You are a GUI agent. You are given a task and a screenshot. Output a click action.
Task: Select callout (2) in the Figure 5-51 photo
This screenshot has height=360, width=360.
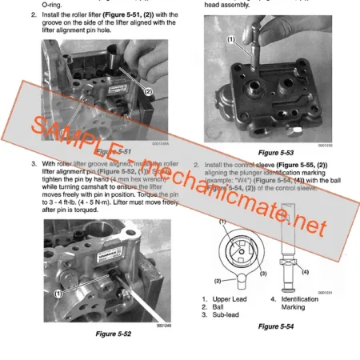coord(148,91)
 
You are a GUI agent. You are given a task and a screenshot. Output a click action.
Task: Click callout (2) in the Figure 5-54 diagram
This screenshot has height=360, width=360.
coord(217,281)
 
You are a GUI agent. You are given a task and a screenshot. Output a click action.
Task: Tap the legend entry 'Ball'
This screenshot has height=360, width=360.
coord(224,306)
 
